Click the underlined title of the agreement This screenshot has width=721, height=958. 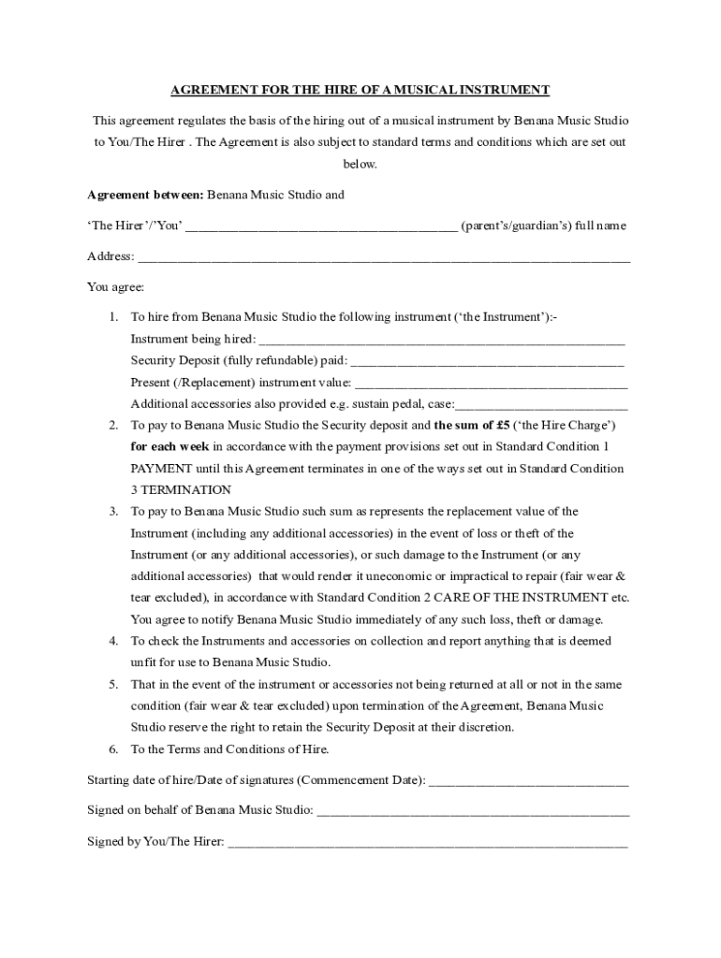(x=360, y=90)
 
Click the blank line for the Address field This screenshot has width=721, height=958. (x=384, y=258)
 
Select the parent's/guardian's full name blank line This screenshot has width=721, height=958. (x=321, y=227)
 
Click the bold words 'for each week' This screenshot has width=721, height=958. (x=169, y=446)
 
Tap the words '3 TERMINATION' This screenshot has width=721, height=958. (x=181, y=489)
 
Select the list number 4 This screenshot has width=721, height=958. (x=112, y=641)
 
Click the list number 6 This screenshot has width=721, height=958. (x=112, y=749)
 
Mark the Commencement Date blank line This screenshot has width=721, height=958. (x=528, y=781)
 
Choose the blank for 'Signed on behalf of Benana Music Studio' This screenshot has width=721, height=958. (x=473, y=811)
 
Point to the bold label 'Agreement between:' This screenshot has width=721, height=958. (x=145, y=196)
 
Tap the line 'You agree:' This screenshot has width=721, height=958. (x=115, y=287)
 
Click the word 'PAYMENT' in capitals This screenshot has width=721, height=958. (x=160, y=468)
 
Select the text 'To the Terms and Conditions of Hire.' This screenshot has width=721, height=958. (x=229, y=749)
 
